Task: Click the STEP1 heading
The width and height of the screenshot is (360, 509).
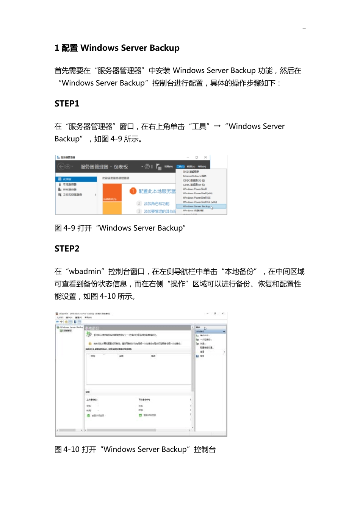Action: click(x=67, y=104)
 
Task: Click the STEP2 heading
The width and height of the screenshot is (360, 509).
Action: click(x=67, y=249)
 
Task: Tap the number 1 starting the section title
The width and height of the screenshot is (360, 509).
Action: click(x=57, y=48)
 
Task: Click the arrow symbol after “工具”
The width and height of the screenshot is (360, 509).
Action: click(x=217, y=126)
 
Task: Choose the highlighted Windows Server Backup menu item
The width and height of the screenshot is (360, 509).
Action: click(x=197, y=206)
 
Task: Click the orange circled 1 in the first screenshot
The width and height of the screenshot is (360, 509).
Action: click(x=133, y=191)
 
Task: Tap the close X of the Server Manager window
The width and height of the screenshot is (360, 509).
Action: click(x=205, y=157)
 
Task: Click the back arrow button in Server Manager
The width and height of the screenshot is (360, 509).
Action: click(x=61, y=167)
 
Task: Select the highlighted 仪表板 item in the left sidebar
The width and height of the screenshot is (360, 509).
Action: click(x=76, y=179)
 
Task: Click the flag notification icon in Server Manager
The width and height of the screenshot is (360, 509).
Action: click(x=158, y=166)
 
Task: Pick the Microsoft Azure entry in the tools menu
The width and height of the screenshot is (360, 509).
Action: click(x=194, y=176)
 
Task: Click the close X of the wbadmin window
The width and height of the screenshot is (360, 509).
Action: click(x=223, y=314)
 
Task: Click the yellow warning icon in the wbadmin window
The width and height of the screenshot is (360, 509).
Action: click(x=89, y=343)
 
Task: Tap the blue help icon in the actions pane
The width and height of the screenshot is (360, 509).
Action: click(x=197, y=356)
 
